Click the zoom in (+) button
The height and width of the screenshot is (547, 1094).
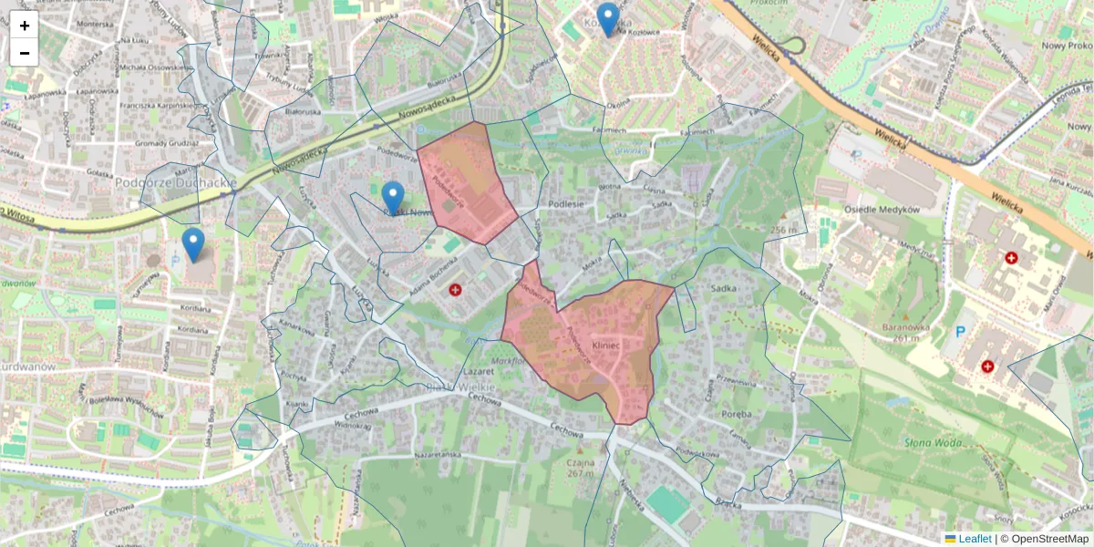pyautogui.click(x=25, y=26)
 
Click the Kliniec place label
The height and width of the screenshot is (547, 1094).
pyautogui.click(x=605, y=346)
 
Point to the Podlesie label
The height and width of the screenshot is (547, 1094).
pyautogui.click(x=566, y=205)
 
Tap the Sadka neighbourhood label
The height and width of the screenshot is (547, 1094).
pyautogui.click(x=723, y=287)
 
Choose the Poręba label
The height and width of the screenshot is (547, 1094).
pyautogui.click(x=735, y=415)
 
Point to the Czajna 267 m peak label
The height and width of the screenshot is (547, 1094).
pyautogui.click(x=580, y=467)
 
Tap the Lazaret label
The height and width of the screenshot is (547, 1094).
pyautogui.click(x=478, y=373)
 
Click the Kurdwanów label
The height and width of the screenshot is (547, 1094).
pyautogui.click(x=28, y=367)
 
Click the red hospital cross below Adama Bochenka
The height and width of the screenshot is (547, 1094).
pyautogui.click(x=455, y=290)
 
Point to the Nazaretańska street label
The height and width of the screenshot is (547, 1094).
pyautogui.click(x=440, y=453)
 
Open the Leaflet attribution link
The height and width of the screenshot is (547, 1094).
pyautogui.click(x=975, y=539)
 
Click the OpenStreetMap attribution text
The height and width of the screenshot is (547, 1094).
pyautogui.click(x=1048, y=539)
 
